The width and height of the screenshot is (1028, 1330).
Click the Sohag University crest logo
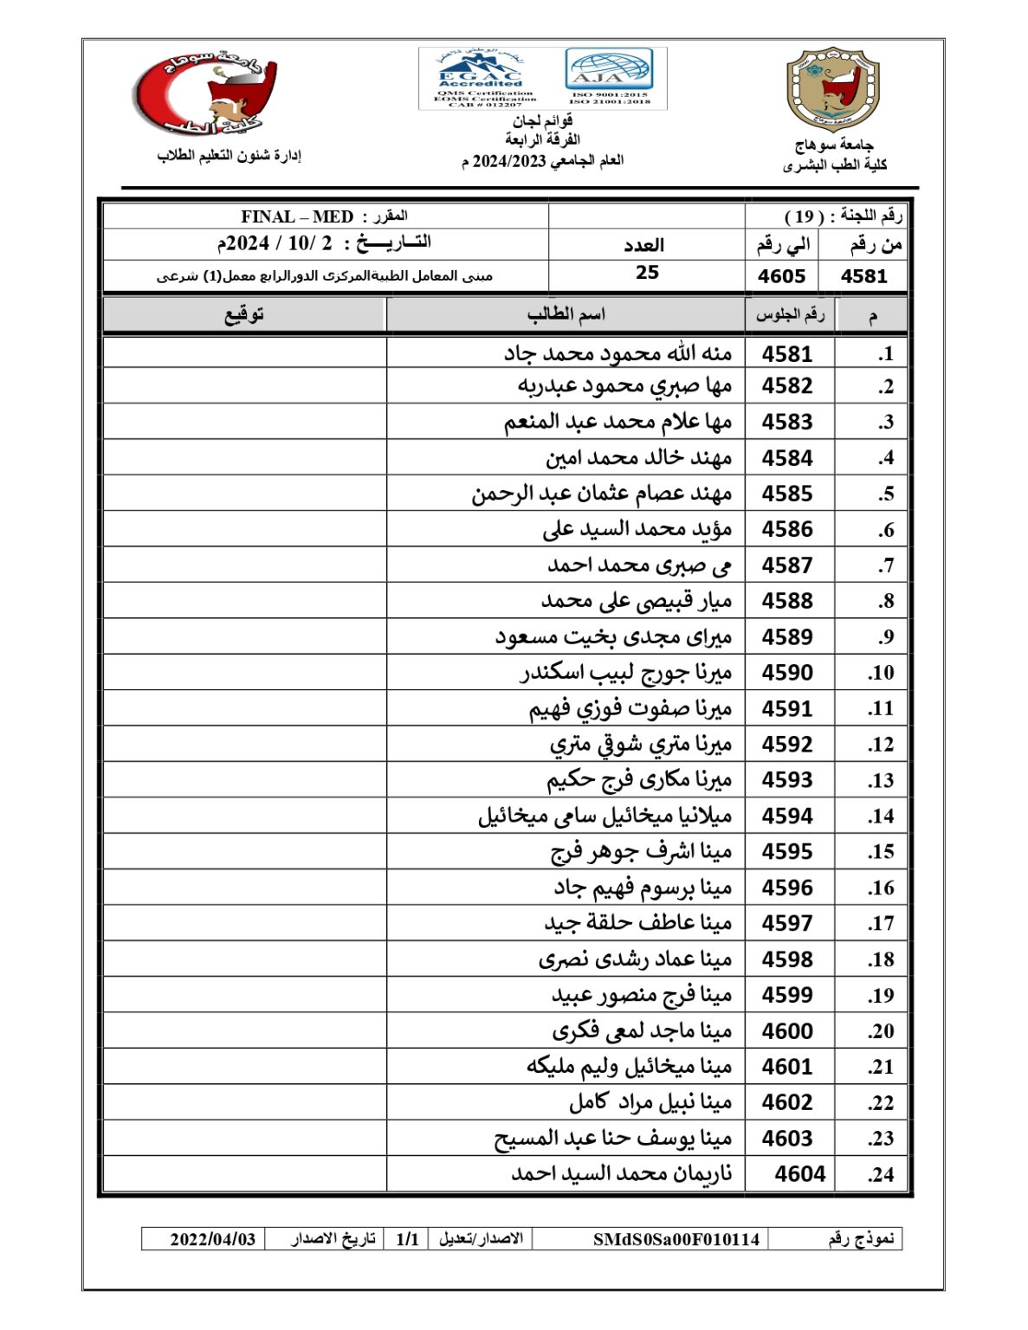pos(832,89)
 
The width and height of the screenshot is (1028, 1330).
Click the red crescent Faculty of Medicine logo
pos(205,94)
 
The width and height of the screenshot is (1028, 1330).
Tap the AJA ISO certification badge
pos(609,77)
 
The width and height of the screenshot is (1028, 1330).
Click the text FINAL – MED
pos(297,216)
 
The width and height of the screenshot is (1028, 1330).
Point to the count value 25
pos(647,273)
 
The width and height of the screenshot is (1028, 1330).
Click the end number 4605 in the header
pos(781,276)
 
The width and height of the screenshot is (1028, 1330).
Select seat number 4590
pos(787,673)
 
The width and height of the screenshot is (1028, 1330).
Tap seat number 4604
pos(799,1174)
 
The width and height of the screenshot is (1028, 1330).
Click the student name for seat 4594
pos(605,816)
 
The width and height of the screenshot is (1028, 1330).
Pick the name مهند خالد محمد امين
pos(638,458)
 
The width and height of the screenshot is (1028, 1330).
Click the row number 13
pos(881,780)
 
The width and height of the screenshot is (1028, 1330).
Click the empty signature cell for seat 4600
pos(244,1030)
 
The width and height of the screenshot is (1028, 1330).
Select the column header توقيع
pos(244,315)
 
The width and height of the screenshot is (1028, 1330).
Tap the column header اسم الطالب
pos(566,315)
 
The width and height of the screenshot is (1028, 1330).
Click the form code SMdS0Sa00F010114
pos(676,1239)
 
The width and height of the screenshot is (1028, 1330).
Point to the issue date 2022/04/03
pos(213,1239)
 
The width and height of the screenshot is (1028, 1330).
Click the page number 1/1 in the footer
pos(407,1239)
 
